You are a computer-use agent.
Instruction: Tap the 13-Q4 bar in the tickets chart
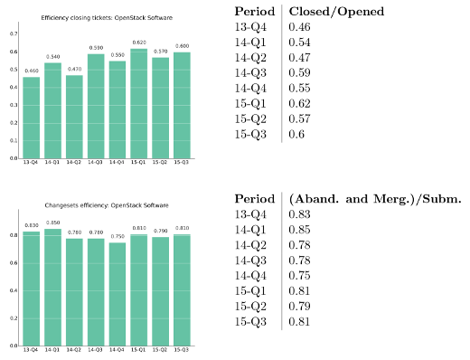32,117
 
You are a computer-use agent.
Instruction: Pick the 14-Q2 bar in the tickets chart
75,116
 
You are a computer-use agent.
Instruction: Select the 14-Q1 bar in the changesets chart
53,287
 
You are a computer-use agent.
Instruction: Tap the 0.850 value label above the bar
53,223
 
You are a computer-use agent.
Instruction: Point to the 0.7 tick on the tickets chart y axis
13,33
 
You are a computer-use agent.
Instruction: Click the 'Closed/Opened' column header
334,12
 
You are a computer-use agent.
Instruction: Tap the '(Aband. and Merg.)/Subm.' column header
374,199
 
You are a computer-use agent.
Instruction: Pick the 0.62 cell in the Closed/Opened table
299,104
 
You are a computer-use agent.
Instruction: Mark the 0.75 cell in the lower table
299,276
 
